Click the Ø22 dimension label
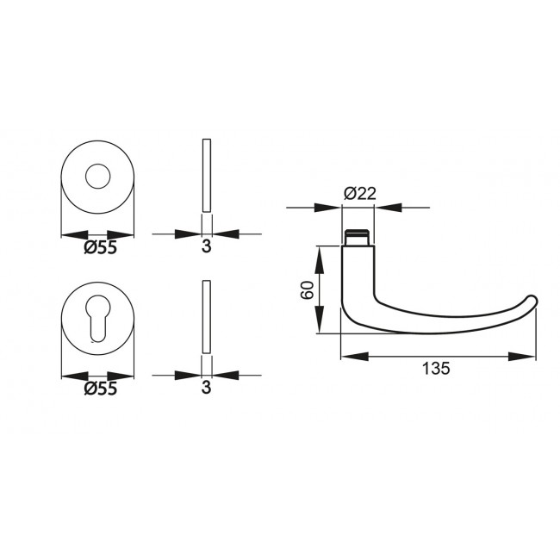coord(358,195)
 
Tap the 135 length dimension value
coord(437,369)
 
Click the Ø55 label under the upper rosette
coord(100,248)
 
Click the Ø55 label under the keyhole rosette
coord(100,389)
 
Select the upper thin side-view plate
coord(205,175)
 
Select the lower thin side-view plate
coord(205,316)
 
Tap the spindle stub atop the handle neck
coord(358,236)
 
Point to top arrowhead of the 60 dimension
coord(320,256)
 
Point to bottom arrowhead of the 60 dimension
coord(320,323)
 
